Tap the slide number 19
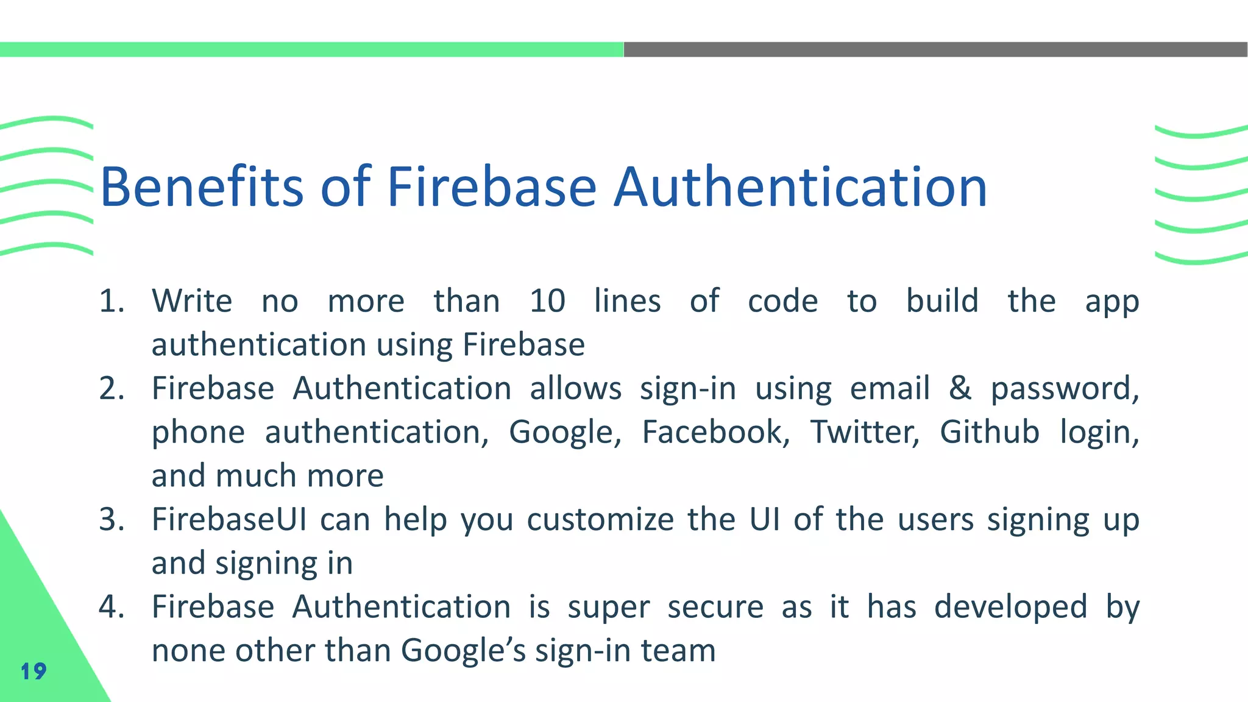click(34, 672)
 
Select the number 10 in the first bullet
click(547, 301)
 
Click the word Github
click(989, 432)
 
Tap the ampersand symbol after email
click(960, 388)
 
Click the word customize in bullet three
click(600, 520)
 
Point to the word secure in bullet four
click(715, 608)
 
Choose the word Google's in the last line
click(463, 651)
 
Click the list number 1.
click(112, 301)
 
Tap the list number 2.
click(112, 389)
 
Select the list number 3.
click(112, 520)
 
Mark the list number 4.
click(112, 608)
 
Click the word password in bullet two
click(1064, 389)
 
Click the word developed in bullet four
click(1010, 608)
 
